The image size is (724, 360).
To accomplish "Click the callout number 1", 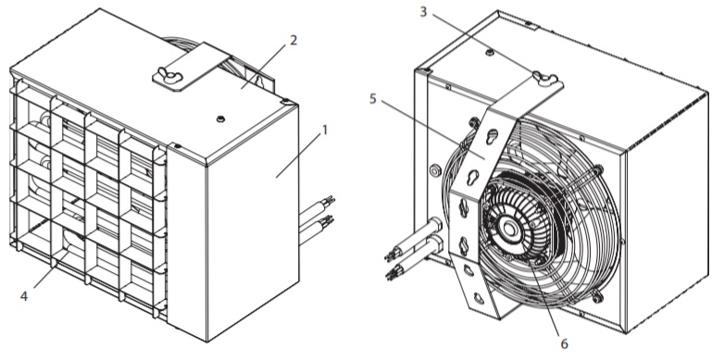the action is pyautogui.click(x=325, y=130).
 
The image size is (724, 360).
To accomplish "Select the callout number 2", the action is pyautogui.click(x=293, y=40).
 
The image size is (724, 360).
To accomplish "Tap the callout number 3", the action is pyautogui.click(x=423, y=12).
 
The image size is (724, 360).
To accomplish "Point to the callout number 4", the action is pyautogui.click(x=24, y=296).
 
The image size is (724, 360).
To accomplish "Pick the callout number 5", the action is pyautogui.click(x=373, y=99).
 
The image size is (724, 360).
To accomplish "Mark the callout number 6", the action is pyautogui.click(x=564, y=343).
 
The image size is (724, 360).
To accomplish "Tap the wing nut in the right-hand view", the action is pyautogui.click(x=545, y=77).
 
